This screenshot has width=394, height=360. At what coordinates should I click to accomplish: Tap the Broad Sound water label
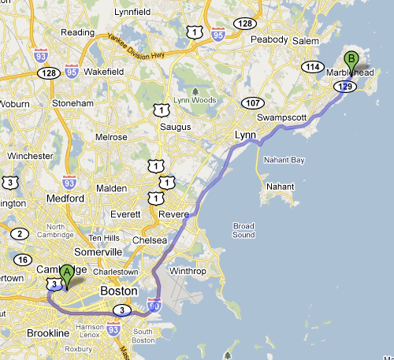[243, 230]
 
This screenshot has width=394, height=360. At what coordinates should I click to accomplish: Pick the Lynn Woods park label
[200, 94]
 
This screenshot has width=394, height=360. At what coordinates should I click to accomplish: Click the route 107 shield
[254, 103]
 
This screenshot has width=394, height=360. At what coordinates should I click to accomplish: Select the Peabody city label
[268, 38]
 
